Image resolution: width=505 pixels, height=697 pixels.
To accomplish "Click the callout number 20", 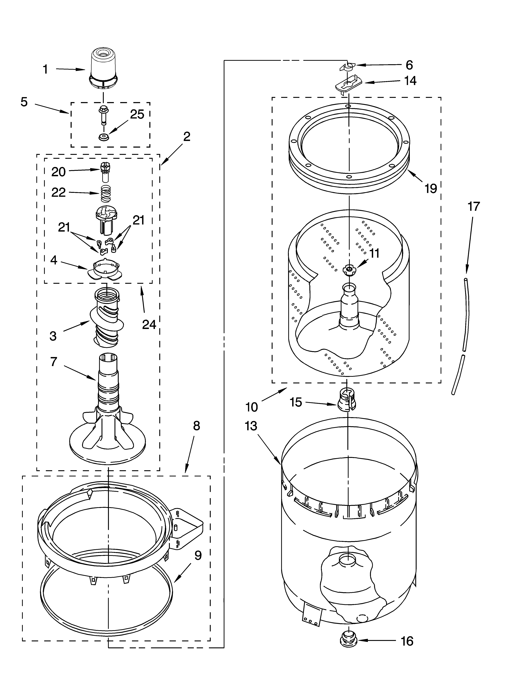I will [x=58, y=172].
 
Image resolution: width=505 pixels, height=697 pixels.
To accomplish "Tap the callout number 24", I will [x=149, y=325].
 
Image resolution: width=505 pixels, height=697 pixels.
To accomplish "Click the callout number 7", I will [x=54, y=362].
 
